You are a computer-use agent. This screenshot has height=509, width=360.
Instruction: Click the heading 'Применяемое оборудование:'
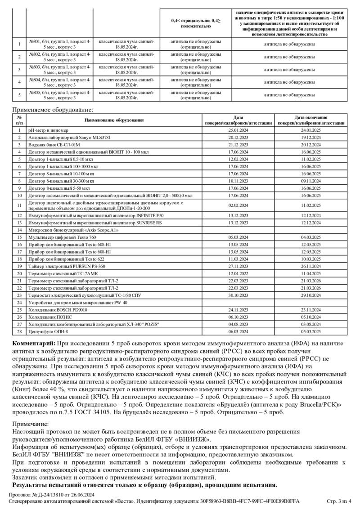click(x=53, y=109)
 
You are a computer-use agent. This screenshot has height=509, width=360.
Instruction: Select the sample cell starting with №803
click(x=59, y=69)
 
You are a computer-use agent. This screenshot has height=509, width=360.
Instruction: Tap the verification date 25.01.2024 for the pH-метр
click(x=238, y=130)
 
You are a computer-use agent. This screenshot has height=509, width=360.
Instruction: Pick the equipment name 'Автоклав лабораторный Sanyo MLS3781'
click(x=69, y=137)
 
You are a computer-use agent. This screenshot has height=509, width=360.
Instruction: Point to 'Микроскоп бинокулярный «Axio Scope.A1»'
click(x=73, y=230)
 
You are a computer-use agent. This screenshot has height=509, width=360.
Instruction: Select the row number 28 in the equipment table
click(x=19, y=331)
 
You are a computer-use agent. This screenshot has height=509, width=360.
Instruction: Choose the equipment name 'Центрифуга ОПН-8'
click(x=48, y=331)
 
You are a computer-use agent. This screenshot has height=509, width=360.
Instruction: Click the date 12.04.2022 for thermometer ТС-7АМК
click(x=238, y=273)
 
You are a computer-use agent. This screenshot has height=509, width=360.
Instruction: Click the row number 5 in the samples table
click(x=19, y=94)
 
